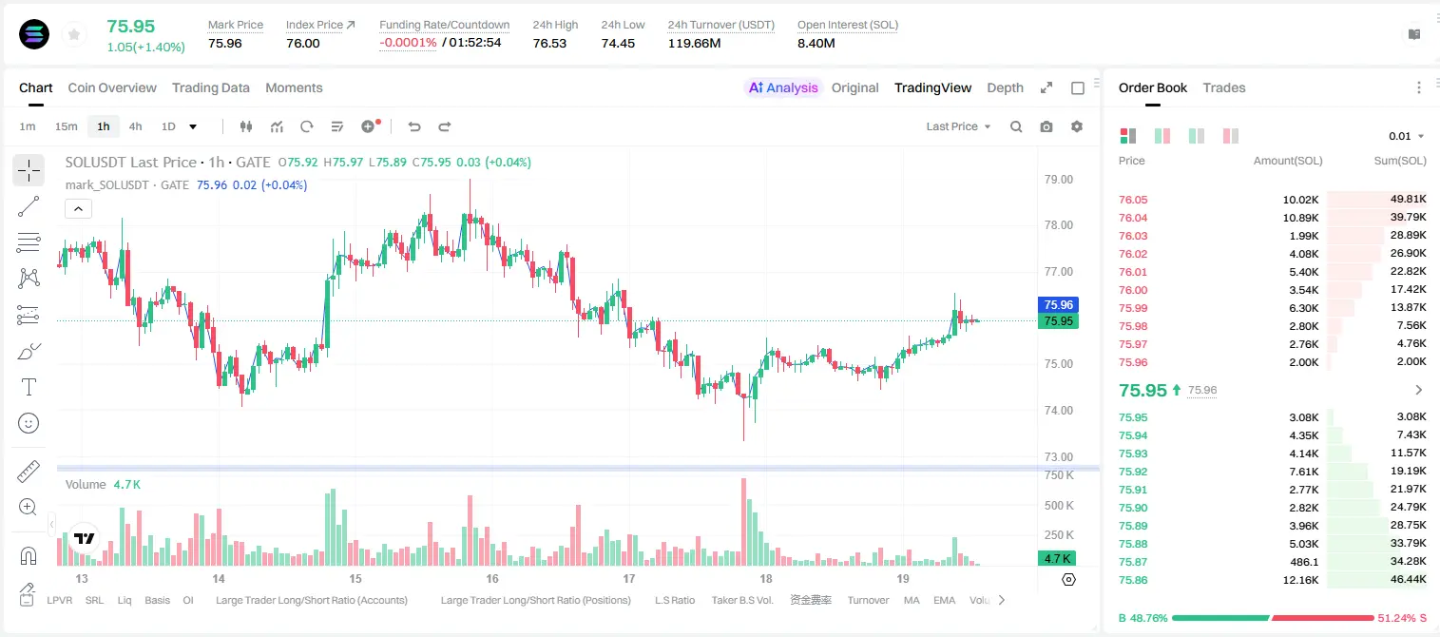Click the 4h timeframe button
pos(135,126)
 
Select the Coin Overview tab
pos(112,87)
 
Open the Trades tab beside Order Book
pos(1224,87)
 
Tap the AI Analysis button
pos(783,87)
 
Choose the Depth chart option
pos(1005,87)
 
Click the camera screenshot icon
pos(1046,126)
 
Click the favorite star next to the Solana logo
pos(74,34)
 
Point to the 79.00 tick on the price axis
pos(1058,180)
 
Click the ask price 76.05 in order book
pos(1133,200)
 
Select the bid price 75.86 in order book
pos(1133,580)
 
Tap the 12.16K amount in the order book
pos(1300,580)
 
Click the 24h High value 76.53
pos(549,43)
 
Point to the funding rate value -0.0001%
pos(408,43)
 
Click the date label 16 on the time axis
pos(491,578)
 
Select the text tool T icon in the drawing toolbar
pos(29,387)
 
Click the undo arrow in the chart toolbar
pos(414,126)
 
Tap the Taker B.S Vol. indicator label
pos(741,600)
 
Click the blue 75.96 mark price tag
pos(1058,304)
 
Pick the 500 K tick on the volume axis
pos(1059,505)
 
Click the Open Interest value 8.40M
pos(816,43)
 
